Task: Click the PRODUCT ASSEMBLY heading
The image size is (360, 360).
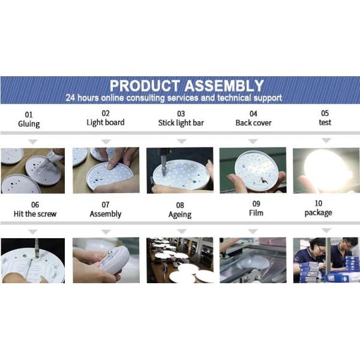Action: [187, 85]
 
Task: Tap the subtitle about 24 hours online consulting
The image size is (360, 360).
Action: [174, 98]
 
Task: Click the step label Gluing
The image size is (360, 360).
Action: [29, 124]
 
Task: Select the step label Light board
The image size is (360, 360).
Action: [106, 122]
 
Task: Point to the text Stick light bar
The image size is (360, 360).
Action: [181, 123]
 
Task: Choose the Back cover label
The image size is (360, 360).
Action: [253, 123]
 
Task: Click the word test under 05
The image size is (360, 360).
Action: [325, 122]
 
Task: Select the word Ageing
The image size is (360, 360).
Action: [180, 214]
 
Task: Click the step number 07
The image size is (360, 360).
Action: [106, 205]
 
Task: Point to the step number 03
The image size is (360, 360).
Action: [181, 113]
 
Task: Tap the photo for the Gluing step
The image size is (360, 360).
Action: [32, 170]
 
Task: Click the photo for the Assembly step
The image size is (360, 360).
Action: [106, 260]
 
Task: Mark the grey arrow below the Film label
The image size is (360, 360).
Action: [253, 232]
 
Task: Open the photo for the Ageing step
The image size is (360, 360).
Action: [179, 260]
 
